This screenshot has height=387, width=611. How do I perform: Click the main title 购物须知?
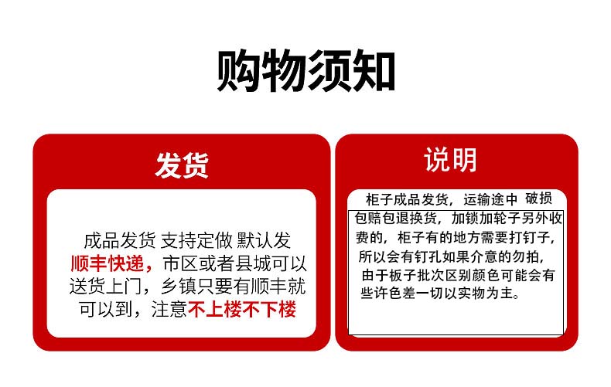(306, 71)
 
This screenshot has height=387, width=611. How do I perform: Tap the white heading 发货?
(182, 165)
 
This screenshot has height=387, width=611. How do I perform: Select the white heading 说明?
(450, 159)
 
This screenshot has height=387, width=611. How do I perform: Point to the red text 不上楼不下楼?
(242, 310)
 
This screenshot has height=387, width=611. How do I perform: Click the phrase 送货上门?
(106, 287)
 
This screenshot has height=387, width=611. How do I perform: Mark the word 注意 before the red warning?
(169, 310)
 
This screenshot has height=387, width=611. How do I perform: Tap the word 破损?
(538, 199)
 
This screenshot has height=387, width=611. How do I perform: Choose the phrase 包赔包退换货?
(395, 218)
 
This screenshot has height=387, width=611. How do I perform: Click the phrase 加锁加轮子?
(486, 218)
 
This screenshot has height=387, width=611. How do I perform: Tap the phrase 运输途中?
(490, 199)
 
